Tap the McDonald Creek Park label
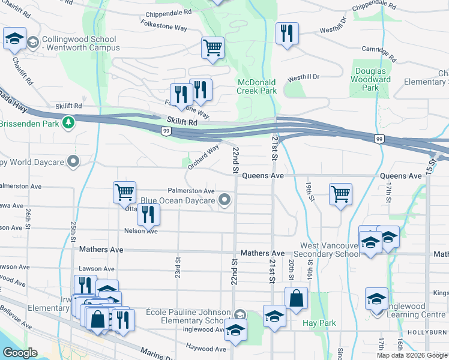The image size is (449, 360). [256, 86]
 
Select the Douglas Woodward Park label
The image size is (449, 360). [370, 79]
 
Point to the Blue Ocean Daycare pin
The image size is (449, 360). [225, 200]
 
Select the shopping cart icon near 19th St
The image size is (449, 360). [340, 194]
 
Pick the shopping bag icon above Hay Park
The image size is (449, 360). [297, 298]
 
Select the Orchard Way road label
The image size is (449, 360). [203, 158]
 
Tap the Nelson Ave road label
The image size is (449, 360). [140, 231]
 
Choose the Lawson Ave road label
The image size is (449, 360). [97, 269]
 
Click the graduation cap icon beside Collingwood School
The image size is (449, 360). [14, 39]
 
